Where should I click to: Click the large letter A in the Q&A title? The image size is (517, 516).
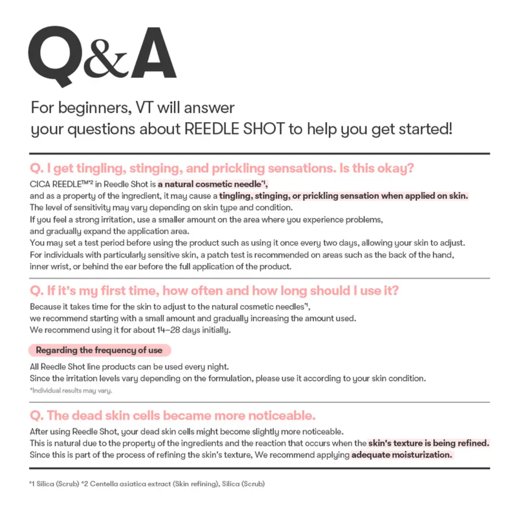pyautogui.click(x=153, y=54)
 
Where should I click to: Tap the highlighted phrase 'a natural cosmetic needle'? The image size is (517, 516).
pyautogui.click(x=212, y=184)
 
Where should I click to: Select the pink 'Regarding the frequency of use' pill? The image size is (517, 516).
pyautogui.click(x=99, y=350)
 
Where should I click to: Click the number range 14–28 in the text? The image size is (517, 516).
pyautogui.click(x=168, y=330)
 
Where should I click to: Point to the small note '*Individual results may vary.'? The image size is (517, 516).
pyautogui.click(x=71, y=391)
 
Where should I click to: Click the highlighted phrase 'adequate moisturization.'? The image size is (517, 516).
pyautogui.click(x=402, y=455)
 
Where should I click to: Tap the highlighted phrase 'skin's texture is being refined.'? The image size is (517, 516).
pyautogui.click(x=428, y=443)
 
